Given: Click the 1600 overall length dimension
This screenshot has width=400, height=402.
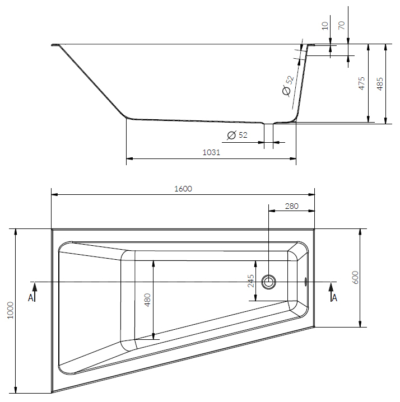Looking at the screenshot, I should coord(183,189).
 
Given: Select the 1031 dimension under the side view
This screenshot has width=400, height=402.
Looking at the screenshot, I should coord(211,152).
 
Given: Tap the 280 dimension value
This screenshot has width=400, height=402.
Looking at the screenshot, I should coord(291,206).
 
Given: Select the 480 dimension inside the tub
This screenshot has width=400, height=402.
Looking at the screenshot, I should coord(148,300).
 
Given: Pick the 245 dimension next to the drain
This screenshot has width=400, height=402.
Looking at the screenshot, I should coord(250,280).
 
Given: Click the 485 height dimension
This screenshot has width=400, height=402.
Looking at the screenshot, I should coord(380,83).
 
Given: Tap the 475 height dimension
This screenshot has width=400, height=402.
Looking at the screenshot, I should coord(362,83).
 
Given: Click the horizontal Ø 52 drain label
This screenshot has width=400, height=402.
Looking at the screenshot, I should coord(237,135).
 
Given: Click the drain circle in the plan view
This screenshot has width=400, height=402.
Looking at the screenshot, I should coord(269,281).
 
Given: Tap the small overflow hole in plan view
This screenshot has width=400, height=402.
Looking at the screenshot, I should coord(306,281).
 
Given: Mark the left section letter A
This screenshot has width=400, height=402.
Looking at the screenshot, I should coord(31,297).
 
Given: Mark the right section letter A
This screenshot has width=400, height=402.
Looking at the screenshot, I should coord(334,297).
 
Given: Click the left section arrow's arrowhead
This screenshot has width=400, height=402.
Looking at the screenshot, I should coord(35,286).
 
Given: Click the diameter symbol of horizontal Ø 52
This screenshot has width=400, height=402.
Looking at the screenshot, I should coord(230,135).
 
